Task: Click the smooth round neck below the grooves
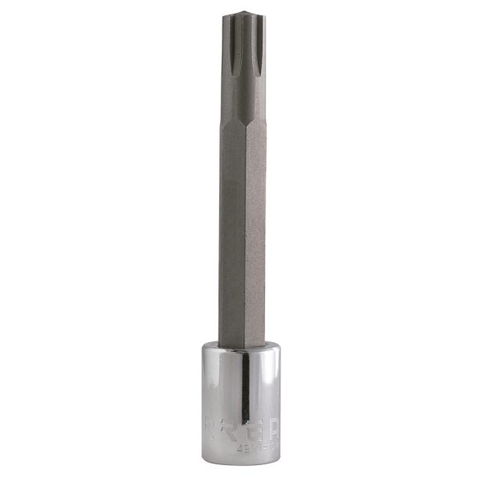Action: point(241,100)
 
